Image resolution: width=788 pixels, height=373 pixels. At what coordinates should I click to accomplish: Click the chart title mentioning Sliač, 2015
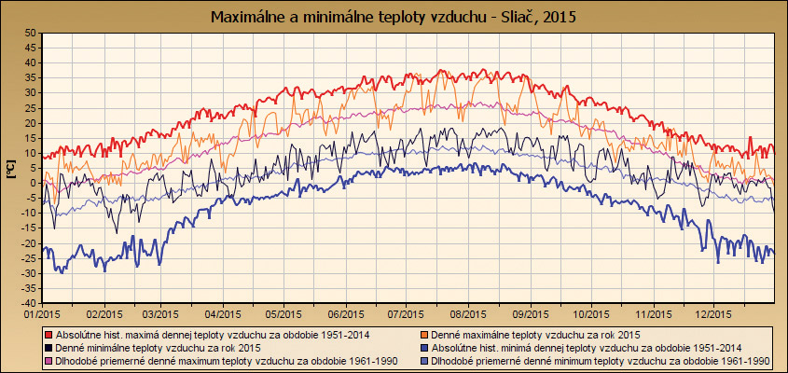394,17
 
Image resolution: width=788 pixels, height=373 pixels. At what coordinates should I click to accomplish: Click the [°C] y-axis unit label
12,168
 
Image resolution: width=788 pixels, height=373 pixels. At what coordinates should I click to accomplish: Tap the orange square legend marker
422,333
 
